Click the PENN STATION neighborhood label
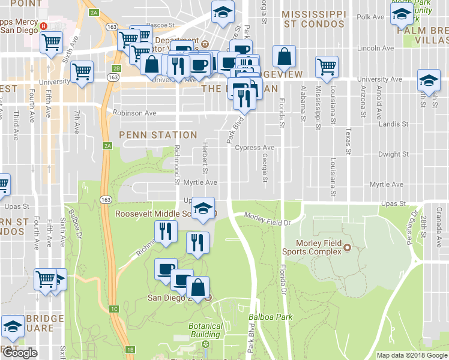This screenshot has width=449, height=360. pyautogui.click(x=158, y=135)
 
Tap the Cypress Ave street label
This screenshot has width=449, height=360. pyautogui.click(x=255, y=148)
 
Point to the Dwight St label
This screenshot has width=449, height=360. pyautogui.click(x=394, y=154)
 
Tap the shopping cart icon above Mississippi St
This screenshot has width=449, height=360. pyautogui.click(x=327, y=67)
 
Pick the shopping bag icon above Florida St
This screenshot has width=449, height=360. pyautogui.click(x=284, y=58)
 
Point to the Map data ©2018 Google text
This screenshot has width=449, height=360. pyautogui.click(x=411, y=355)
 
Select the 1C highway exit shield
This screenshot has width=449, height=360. pyautogui.click(x=115, y=309)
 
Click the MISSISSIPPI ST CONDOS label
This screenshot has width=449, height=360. pyautogui.click(x=314, y=19)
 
